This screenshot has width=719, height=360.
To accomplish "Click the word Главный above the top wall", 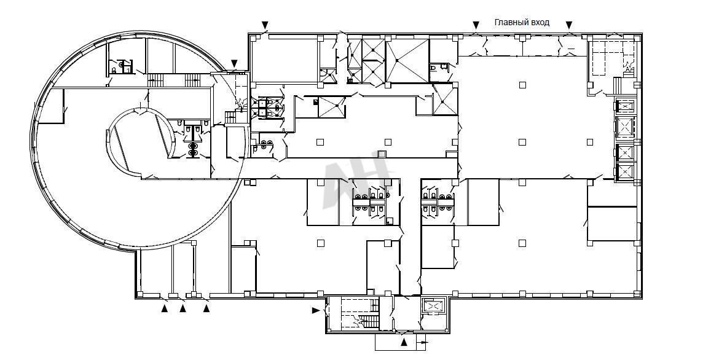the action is click(x=510, y=22).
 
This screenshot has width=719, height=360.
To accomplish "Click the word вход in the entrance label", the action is click(x=540, y=23).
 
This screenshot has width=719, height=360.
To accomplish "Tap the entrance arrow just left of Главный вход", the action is click(x=476, y=25).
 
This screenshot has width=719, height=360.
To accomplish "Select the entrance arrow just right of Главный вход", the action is click(x=569, y=25).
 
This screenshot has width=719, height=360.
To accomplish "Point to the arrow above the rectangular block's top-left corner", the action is click(x=265, y=25).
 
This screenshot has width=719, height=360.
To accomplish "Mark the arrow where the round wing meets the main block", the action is click(x=234, y=63).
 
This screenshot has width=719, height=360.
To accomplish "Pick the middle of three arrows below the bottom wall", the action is click(x=183, y=309).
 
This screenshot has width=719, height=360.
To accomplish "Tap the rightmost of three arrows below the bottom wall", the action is click(x=206, y=309).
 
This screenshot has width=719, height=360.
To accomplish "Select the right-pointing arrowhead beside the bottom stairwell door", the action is click(x=315, y=310).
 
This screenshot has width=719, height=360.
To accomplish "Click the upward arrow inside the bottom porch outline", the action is click(x=404, y=342).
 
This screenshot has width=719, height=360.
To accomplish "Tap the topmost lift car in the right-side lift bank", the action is click(x=625, y=106).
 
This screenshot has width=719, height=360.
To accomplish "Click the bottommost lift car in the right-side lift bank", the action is click(x=625, y=171).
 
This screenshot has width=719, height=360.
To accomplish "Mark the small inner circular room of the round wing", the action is click(x=142, y=143).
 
